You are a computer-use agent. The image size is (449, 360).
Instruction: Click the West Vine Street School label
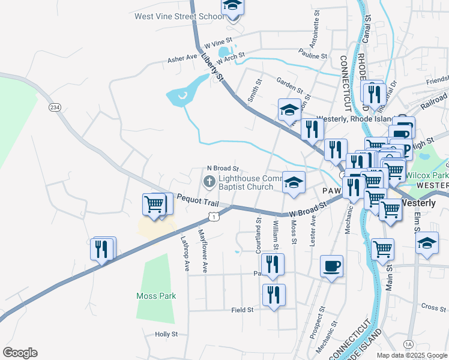coord(179,17)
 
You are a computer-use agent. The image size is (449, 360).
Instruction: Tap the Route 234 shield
coord(55,107)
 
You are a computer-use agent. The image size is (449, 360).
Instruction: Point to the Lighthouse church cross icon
coord(209,181)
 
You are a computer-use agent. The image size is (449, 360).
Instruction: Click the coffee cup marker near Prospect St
coord(332,266)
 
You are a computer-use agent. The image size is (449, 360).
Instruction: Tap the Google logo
coord(20,353)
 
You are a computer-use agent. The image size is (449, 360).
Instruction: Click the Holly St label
coord(166,334)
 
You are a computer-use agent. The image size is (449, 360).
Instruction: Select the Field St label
coord(243,310)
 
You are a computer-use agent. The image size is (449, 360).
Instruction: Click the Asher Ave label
coord(182,58)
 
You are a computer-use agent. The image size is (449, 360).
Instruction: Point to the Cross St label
coord(433,307)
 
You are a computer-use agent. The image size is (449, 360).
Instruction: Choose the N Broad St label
coord(223,169)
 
